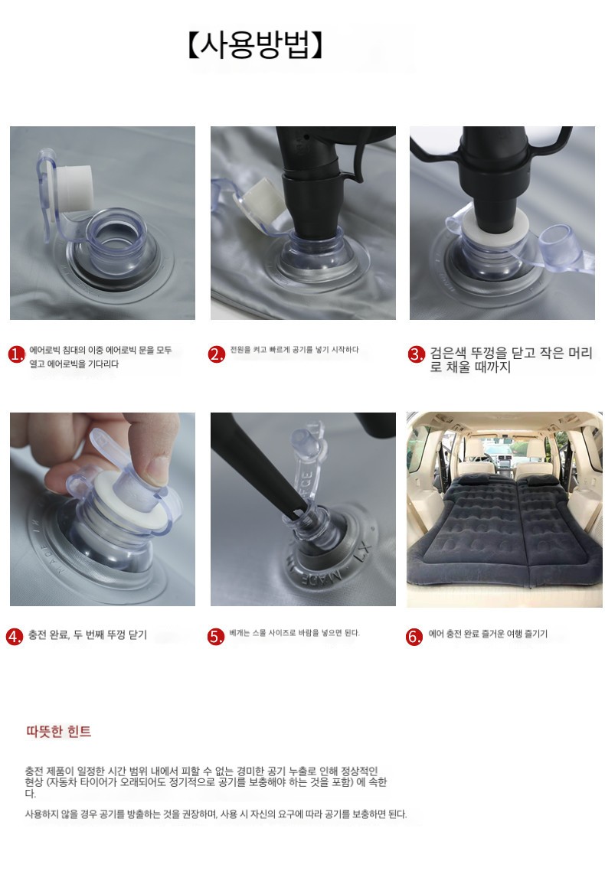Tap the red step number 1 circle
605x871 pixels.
[16, 354]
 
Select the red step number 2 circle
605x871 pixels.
[216, 354]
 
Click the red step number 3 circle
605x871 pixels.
[416, 354]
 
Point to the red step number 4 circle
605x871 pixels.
[15, 636]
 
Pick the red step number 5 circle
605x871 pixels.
[215, 636]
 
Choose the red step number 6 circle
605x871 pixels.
[414, 636]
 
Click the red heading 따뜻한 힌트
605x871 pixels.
[58, 731]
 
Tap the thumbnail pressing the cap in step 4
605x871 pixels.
[157, 467]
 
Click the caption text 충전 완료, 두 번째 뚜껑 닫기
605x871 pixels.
[88, 635]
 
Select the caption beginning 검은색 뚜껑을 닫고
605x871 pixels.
[511, 360]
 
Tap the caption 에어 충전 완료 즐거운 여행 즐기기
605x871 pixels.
[488, 634]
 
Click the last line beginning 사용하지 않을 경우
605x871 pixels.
[216, 814]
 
